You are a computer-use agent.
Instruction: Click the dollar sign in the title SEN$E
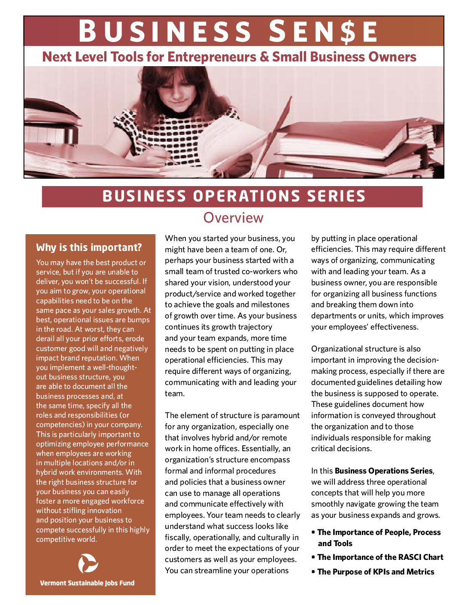(348, 32)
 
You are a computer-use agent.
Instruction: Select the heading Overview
(233, 218)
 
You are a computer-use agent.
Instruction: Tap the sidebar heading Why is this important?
(89, 247)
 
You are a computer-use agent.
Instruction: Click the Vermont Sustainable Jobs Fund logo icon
(88, 563)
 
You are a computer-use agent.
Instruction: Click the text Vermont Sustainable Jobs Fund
(87, 583)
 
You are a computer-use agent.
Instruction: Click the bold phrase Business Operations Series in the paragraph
(383, 471)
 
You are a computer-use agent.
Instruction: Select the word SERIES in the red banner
(336, 196)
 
